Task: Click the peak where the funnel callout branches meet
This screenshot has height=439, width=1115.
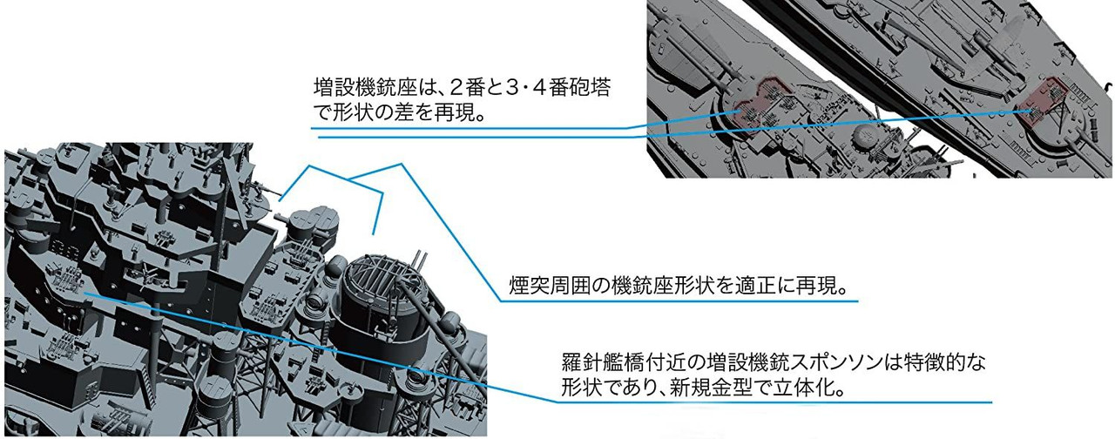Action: point(349,179)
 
